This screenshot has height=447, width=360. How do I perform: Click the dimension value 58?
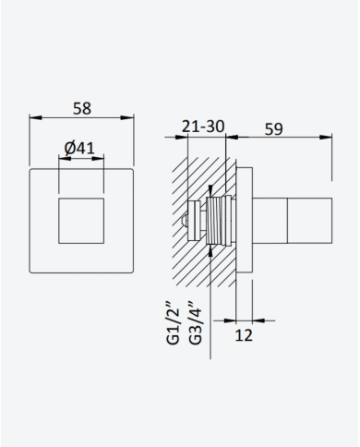(82, 108)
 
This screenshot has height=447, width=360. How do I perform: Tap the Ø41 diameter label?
(79, 148)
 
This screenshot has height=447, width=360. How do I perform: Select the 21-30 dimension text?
(203, 127)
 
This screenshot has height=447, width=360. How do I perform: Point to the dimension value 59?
(273, 129)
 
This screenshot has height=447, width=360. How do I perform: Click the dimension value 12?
(244, 335)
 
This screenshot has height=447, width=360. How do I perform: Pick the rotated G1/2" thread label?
(173, 323)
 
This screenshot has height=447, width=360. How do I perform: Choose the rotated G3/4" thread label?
(196, 322)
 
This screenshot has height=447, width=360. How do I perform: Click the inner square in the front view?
(81, 221)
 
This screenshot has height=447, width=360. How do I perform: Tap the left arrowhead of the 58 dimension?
(35, 117)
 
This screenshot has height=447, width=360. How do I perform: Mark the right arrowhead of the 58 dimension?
(127, 117)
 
